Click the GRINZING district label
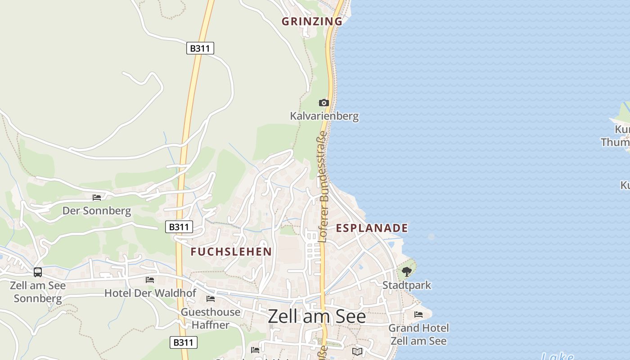[312, 21]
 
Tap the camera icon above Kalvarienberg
[324, 103]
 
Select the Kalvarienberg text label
[324, 116]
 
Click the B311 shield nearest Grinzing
[200, 48]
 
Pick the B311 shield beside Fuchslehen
[179, 227]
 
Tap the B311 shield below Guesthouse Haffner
[184, 342]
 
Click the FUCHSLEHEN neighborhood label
[231, 252]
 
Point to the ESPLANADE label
[372, 228]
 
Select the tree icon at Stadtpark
[406, 272]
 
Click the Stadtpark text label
[406, 285]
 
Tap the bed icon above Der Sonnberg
[97, 197]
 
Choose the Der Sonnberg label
[97, 211]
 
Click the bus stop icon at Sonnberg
[38, 272]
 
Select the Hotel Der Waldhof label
[150, 293]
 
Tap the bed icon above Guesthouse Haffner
[211, 299]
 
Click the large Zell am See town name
[317, 317]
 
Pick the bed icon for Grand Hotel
[418, 315]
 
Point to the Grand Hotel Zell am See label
[418, 334]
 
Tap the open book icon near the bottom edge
[357, 351]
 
